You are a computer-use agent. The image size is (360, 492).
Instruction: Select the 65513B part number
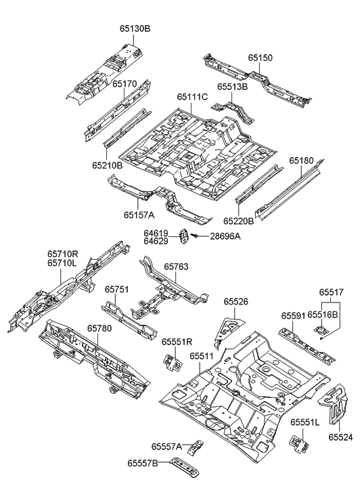tap(232, 87)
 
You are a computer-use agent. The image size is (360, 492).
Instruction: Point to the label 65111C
tap(192, 97)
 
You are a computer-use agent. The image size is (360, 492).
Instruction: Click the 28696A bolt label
tap(225, 236)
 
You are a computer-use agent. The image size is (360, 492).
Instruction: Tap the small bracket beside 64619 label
tap(183, 236)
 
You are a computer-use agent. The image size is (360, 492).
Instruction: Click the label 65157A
tap(139, 215)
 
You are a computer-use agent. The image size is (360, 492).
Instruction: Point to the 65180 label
tap(302, 161)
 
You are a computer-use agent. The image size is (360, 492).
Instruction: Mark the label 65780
tap(99, 328)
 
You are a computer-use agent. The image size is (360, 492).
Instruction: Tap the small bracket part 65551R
tap(171, 361)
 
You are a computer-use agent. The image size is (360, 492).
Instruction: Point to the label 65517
tap(332, 292)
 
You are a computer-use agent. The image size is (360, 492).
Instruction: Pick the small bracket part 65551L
tap(298, 443)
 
